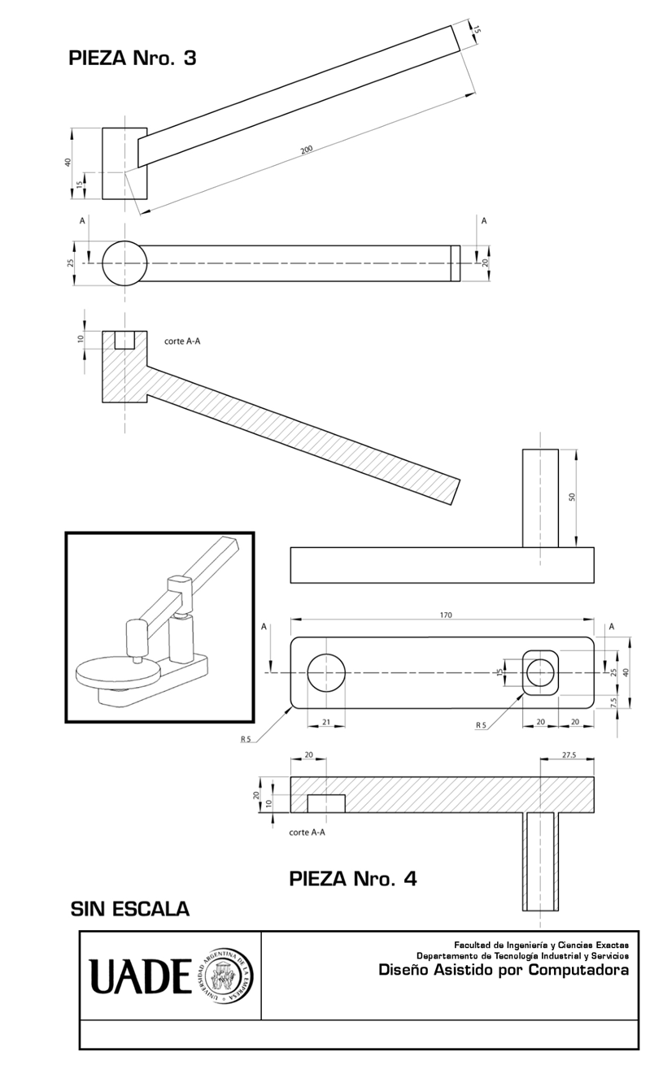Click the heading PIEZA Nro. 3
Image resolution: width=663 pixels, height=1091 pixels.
click(133, 59)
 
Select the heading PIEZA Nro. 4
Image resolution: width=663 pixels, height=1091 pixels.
click(353, 879)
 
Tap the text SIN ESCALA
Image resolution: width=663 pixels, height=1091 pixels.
click(130, 908)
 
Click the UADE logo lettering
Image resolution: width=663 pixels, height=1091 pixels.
click(140, 976)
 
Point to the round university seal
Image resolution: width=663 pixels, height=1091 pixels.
click(224, 976)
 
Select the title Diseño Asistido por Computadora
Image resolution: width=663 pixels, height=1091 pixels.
click(504, 970)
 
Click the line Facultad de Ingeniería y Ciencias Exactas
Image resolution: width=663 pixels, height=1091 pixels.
click(541, 945)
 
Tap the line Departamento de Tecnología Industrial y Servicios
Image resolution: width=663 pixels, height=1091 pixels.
click(522, 956)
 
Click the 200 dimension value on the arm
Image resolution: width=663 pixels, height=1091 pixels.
click(307, 150)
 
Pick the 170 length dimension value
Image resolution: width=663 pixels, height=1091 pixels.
click(445, 615)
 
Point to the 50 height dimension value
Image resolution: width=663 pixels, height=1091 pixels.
click(572, 496)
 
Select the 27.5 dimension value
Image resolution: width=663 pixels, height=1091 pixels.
click(569, 755)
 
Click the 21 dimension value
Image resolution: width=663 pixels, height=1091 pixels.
click(326, 722)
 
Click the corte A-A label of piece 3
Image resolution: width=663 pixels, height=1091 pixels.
click(182, 341)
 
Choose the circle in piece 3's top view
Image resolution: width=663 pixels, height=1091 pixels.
click(124, 263)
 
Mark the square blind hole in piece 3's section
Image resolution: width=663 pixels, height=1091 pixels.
click(124, 340)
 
